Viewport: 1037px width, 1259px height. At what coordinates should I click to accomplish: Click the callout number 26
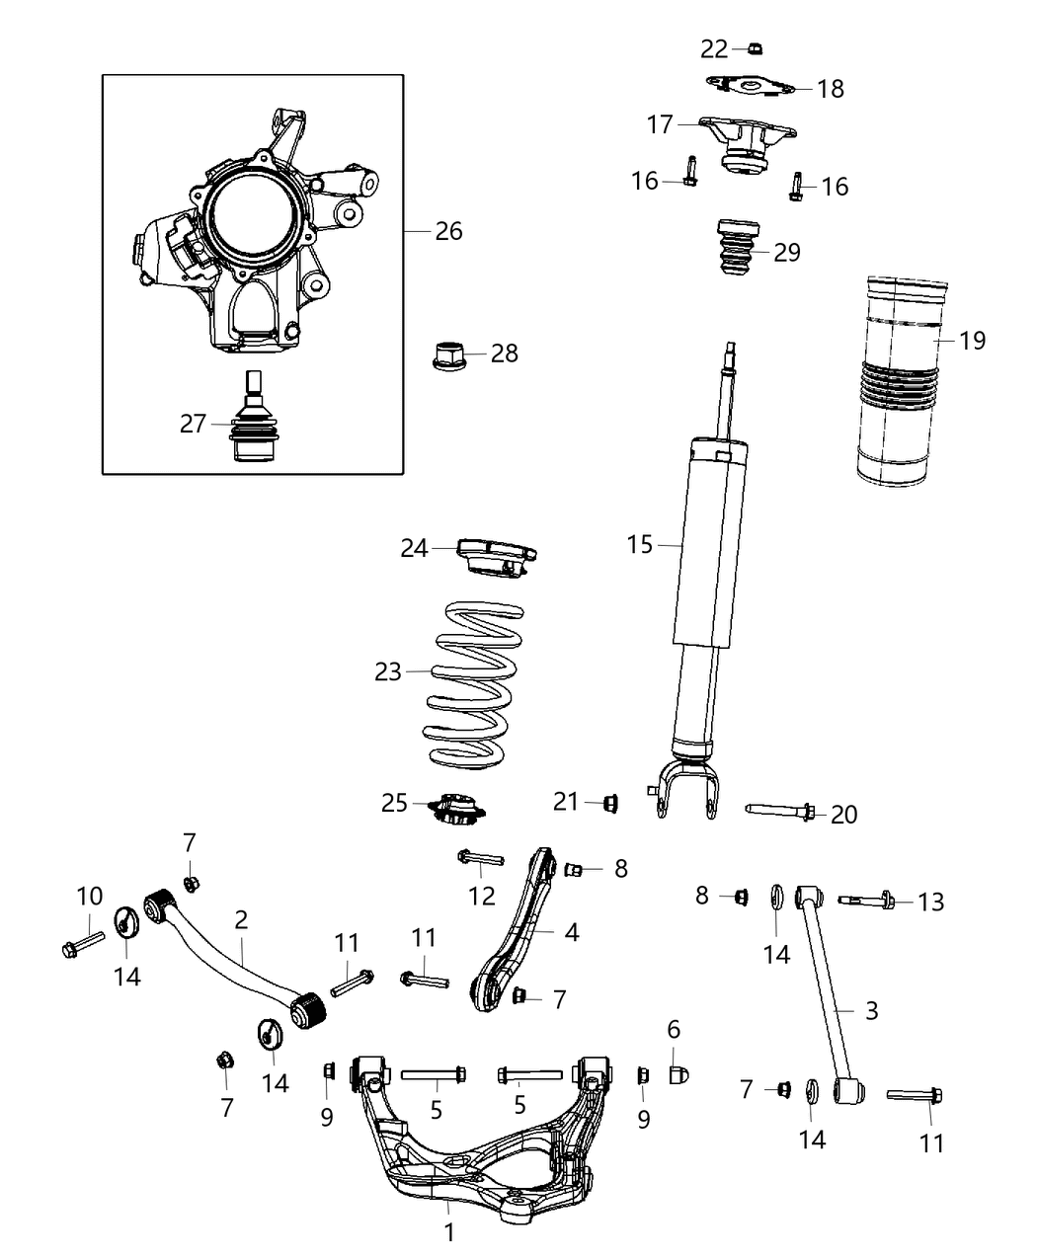(x=448, y=231)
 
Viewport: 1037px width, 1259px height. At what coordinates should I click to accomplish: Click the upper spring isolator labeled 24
(x=494, y=555)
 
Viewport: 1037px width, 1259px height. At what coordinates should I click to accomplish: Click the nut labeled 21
(x=609, y=804)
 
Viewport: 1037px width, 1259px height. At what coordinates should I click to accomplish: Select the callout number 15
(x=640, y=544)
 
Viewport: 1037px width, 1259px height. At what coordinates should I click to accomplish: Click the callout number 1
(x=449, y=1232)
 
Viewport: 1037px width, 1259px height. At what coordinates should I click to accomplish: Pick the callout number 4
(x=570, y=932)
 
